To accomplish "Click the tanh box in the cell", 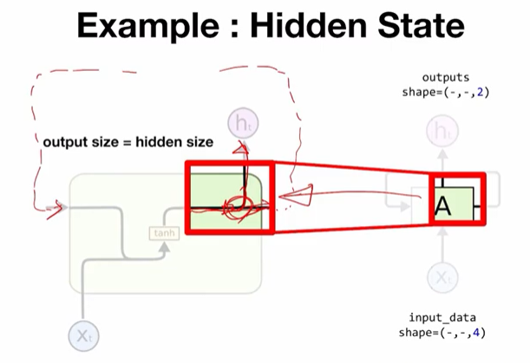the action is click(x=163, y=233).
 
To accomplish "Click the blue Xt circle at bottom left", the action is click(x=83, y=335).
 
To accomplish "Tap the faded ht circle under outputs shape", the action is click(x=444, y=132).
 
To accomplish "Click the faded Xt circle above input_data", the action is click(x=444, y=278).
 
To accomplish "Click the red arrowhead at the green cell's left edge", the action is click(x=59, y=207).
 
